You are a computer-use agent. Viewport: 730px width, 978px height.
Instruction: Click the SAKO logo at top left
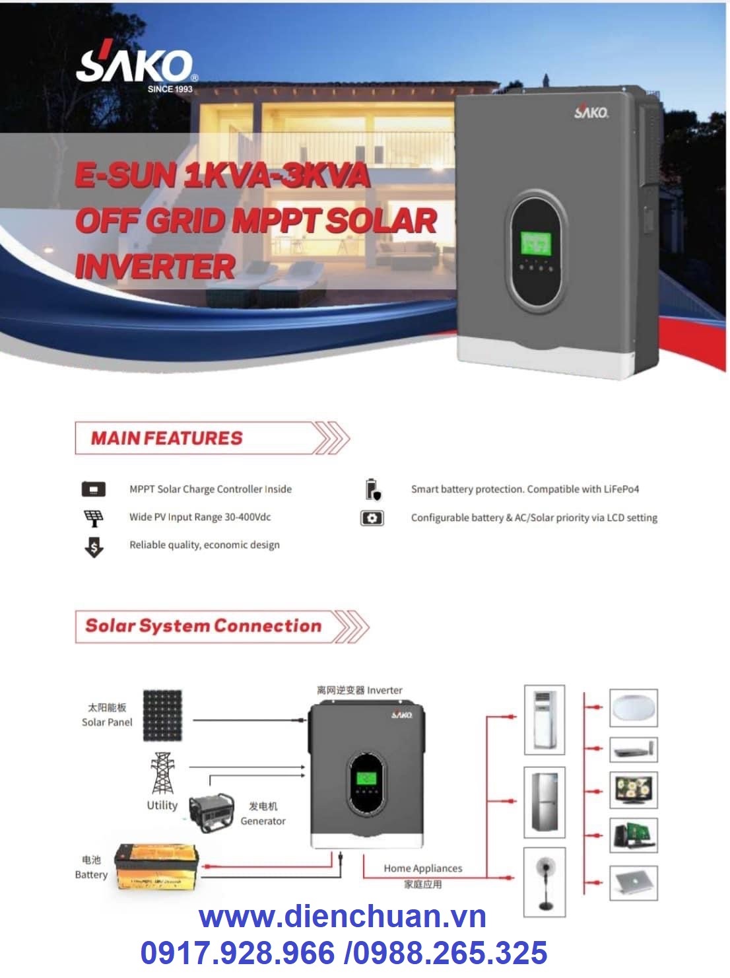coord(135,69)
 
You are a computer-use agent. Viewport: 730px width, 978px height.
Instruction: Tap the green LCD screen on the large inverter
coord(535,243)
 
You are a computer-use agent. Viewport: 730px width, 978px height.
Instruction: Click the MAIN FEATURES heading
coord(167,438)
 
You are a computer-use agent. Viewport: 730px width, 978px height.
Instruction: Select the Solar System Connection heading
coord(203,626)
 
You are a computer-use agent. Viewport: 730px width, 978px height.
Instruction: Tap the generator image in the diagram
coord(211,813)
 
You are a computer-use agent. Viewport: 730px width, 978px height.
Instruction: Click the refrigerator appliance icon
coord(545,802)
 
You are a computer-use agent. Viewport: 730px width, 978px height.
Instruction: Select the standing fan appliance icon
coord(545,882)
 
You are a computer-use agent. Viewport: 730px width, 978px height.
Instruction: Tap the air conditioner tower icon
coord(545,720)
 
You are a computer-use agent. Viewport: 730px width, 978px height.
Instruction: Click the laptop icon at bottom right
coord(633,882)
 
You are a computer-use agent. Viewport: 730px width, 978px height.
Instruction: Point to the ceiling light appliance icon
coord(633,708)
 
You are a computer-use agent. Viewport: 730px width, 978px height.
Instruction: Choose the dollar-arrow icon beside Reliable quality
coord(94,547)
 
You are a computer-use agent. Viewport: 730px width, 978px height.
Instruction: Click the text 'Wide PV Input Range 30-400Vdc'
coord(200,517)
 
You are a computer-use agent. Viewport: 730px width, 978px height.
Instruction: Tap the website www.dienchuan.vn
coord(343,917)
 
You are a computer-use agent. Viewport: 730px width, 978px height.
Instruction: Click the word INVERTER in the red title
coord(156,267)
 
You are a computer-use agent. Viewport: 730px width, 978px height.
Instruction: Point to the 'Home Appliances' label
coord(423,868)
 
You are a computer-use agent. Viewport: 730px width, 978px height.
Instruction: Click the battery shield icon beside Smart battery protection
coord(373,490)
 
